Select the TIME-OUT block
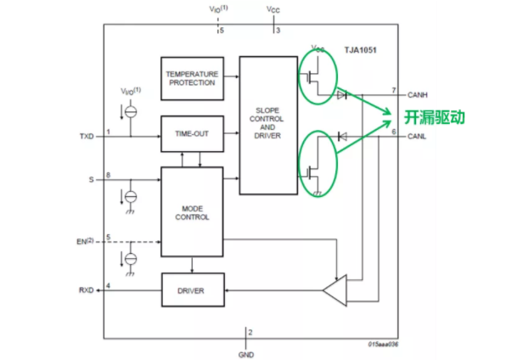[x=191, y=133]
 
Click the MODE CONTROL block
[x=191, y=211]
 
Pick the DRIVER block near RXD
[x=191, y=291]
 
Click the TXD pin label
[x=87, y=134]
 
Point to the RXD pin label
[x=87, y=290]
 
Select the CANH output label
[x=419, y=94]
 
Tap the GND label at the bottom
[x=246, y=353]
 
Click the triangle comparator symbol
[x=335, y=292]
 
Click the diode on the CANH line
[x=342, y=94]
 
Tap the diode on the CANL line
[x=341, y=136]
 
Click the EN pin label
[x=84, y=241]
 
